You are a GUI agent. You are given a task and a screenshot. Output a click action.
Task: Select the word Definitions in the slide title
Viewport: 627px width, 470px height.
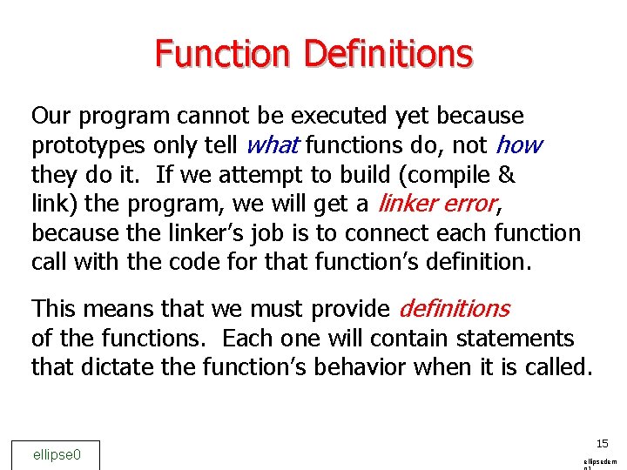pyautogui.click(x=388, y=54)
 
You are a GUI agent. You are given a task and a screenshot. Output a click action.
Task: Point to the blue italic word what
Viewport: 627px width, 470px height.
pyautogui.click(x=273, y=145)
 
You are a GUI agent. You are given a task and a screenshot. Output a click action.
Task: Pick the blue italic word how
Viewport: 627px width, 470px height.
pyautogui.click(x=519, y=145)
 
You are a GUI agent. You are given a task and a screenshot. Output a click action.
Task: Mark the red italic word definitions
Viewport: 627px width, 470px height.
pyautogui.click(x=454, y=308)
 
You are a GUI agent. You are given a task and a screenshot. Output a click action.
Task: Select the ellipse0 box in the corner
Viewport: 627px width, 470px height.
pyautogui.click(x=57, y=454)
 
